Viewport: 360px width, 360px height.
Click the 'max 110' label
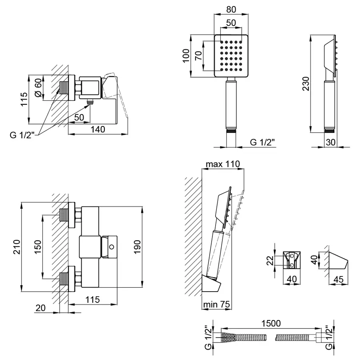click(x=222, y=164)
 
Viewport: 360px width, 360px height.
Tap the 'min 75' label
click(x=216, y=304)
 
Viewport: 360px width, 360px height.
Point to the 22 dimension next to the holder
click(x=270, y=261)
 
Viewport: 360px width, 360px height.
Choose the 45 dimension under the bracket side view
click(x=338, y=280)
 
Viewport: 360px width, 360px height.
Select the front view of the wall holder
click(x=292, y=260)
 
